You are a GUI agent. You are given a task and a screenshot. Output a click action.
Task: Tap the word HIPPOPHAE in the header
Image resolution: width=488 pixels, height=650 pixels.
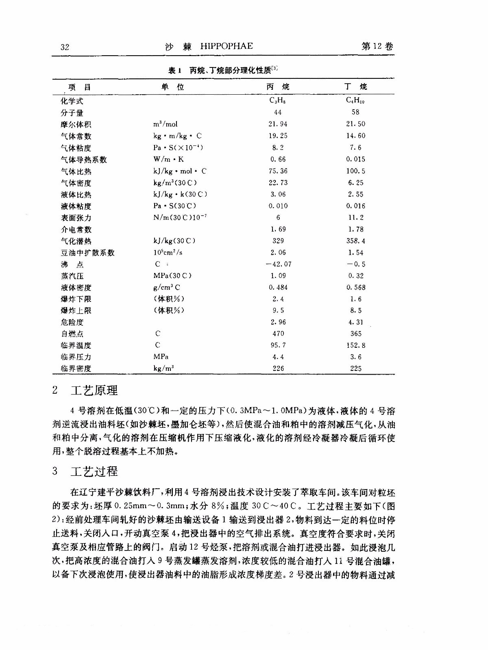(x=227, y=46)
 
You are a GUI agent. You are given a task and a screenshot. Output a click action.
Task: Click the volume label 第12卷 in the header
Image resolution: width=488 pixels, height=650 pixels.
(x=377, y=46)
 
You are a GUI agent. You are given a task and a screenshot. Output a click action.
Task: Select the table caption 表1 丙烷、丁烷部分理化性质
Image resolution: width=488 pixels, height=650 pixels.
(x=223, y=70)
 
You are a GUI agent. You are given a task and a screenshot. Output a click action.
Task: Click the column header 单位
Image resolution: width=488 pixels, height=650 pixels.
(x=173, y=87)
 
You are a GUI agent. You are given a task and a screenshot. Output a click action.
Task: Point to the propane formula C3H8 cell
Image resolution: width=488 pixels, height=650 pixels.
(x=278, y=100)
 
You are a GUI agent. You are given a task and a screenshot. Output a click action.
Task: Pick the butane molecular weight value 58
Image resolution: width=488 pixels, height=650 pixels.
(x=355, y=112)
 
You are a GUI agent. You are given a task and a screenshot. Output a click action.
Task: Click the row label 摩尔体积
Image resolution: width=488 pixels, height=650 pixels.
(x=76, y=124)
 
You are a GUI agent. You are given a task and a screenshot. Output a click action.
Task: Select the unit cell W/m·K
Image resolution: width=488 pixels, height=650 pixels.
(x=168, y=159)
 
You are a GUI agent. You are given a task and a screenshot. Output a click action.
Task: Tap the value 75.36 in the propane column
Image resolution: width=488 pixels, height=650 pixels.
(x=278, y=171)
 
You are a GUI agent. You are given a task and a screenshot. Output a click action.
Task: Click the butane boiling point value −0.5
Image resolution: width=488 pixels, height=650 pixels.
(x=356, y=264)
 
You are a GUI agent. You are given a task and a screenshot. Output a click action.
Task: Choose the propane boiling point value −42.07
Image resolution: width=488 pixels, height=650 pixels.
(x=278, y=264)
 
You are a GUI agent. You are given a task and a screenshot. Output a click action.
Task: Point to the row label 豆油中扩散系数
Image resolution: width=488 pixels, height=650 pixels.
(x=88, y=253)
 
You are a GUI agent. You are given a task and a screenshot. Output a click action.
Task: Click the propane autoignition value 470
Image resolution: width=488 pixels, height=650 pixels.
(x=278, y=334)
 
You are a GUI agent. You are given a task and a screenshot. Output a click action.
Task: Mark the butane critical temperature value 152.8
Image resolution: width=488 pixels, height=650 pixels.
(x=356, y=345)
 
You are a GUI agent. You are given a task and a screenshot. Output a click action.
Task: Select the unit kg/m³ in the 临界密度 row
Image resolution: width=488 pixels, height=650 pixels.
(x=164, y=368)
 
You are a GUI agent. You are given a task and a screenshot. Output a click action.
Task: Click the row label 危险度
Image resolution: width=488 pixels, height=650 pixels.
(x=72, y=322)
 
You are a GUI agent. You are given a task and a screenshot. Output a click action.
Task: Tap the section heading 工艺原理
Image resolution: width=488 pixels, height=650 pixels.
(x=94, y=390)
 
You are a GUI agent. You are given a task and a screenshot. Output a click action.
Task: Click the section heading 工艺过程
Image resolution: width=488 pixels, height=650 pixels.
(x=94, y=471)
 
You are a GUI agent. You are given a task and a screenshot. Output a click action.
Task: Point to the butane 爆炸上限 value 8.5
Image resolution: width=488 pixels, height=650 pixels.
(x=356, y=310)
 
